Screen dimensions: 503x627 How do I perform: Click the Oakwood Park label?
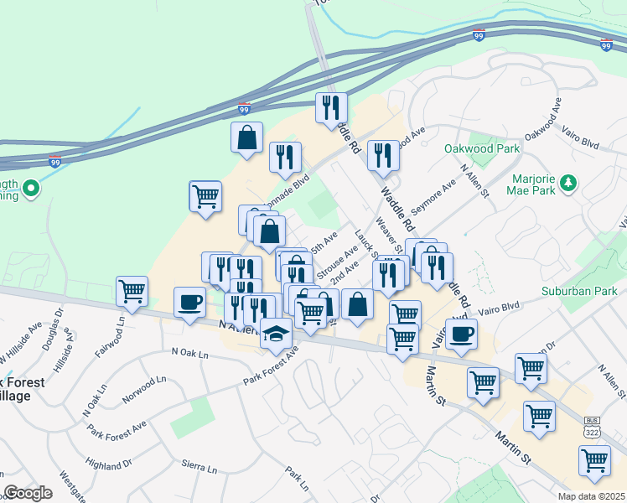[x=481, y=149]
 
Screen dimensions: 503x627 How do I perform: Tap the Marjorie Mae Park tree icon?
[x=568, y=182]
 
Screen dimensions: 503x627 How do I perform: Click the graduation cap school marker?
[x=276, y=333]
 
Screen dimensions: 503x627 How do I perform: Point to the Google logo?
[x=28, y=493]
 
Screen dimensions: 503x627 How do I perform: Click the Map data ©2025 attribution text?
[x=591, y=496]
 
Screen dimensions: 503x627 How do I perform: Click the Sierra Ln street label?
[x=199, y=464]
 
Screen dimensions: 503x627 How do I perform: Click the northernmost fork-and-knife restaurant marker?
[x=330, y=107]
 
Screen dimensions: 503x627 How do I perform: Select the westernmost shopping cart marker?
[x=132, y=291]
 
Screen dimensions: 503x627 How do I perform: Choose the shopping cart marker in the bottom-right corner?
[x=594, y=459]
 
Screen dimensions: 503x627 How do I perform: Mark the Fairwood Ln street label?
[x=110, y=336]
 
